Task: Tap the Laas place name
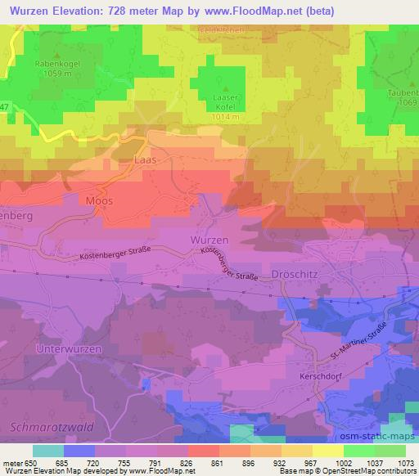144,161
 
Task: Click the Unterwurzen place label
69,348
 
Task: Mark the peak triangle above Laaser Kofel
225,86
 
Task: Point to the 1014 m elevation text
225,117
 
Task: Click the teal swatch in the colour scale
48,451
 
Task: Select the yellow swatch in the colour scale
327,451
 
